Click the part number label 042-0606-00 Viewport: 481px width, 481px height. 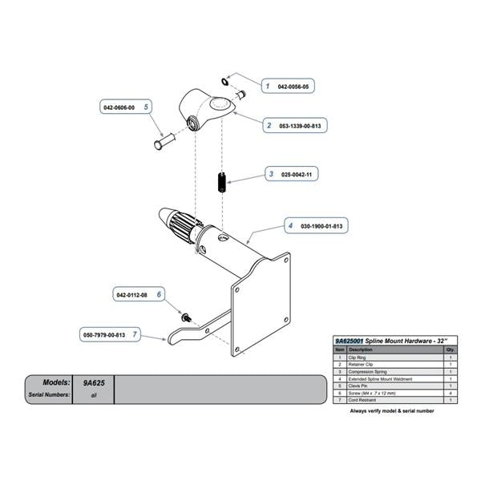pos(119,106)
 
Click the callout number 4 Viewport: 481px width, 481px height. pos(289,227)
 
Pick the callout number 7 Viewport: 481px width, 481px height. pos(135,333)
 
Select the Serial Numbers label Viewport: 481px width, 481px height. pos(49,395)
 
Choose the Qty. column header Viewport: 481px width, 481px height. pos(450,350)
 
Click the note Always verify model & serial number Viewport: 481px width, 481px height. pos(391,410)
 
